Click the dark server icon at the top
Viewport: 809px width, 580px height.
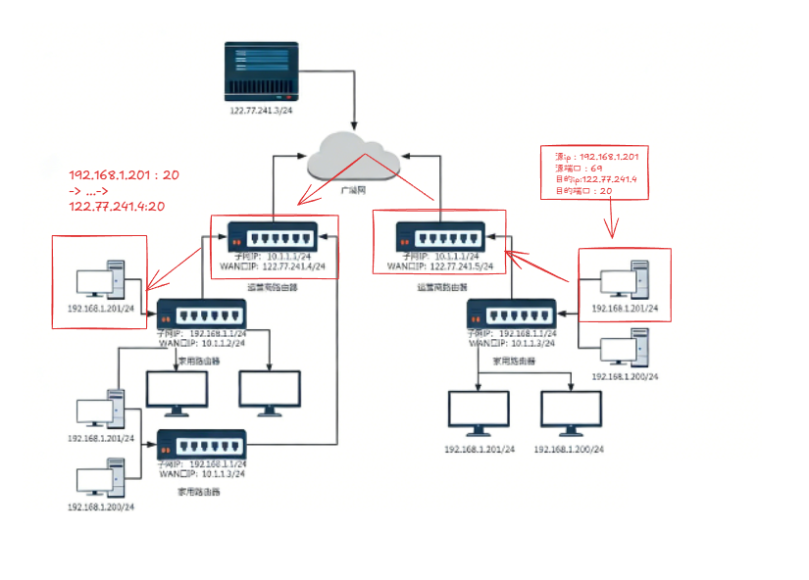[262, 71]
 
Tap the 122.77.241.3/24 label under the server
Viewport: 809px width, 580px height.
[262, 111]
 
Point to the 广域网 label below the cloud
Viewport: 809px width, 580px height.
[354, 190]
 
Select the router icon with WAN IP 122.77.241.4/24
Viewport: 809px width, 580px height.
[272, 237]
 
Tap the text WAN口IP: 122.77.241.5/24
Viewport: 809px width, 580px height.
[439, 266]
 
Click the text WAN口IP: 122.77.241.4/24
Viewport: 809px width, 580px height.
[273, 266]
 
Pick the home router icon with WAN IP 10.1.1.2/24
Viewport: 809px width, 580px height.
[202, 314]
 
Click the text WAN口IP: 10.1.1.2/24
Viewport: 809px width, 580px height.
[202, 343]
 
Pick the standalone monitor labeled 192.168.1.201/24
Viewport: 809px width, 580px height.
[478, 414]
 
